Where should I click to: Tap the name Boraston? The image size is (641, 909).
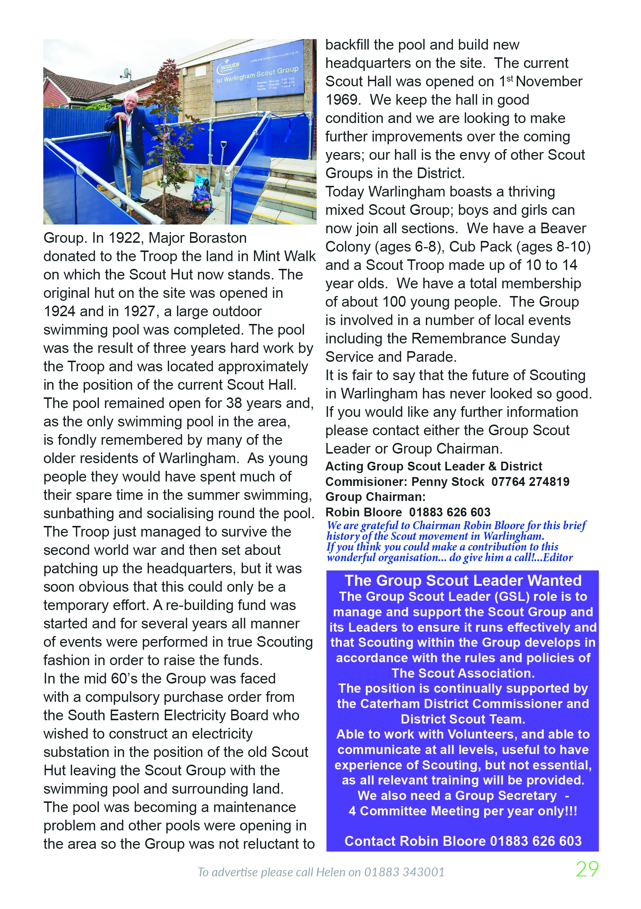pos(218,238)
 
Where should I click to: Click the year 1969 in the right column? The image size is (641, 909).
pos(343,100)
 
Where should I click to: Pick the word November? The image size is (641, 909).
pos(549,82)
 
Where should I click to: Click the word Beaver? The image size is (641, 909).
pos(563,229)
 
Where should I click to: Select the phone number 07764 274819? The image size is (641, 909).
pos(530,482)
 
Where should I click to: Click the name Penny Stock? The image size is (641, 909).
pos(448,482)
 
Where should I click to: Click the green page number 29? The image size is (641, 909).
pos(587,869)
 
